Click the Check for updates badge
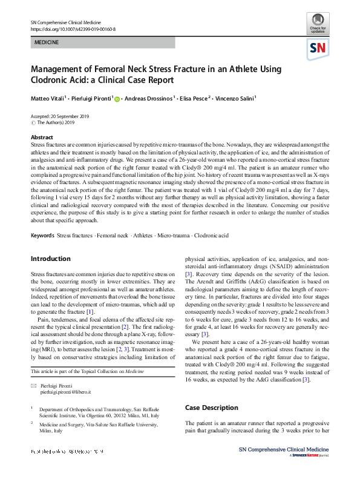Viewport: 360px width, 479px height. click(318, 22)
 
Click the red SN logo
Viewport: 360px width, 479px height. click(318, 48)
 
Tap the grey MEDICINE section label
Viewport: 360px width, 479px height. click(46, 42)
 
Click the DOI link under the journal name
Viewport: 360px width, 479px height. click(73, 28)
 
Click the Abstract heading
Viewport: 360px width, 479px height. click(42, 137)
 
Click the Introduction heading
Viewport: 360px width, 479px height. click(50, 259)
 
